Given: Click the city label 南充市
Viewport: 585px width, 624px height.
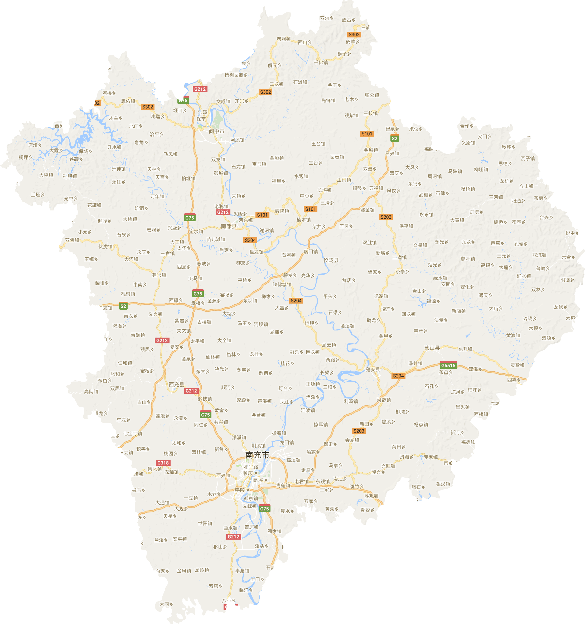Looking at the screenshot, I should point(257,455).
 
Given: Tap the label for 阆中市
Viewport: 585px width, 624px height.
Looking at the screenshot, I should point(216,131).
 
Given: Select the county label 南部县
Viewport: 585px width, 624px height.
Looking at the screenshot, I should point(229,226).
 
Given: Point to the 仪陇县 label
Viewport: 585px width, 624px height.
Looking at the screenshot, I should point(331,260).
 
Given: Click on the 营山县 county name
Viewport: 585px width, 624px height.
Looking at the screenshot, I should point(432,348).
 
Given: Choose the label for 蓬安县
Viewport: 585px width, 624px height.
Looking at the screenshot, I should point(373,369).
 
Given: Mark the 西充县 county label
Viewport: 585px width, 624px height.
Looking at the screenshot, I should point(176,385).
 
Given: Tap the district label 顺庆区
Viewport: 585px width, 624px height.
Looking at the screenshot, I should point(250,473).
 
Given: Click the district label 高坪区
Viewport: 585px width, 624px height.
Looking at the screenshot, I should point(260,480).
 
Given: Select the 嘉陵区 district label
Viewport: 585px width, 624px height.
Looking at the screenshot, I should point(242,490).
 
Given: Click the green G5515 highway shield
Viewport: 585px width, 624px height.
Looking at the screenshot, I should point(448,365).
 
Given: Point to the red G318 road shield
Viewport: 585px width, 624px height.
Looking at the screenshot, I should point(163,463).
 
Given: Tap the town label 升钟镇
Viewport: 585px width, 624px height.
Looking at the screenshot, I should point(119,169).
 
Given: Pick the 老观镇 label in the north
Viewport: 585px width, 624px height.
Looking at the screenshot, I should point(283,39).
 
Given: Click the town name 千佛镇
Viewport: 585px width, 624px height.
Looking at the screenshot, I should point(321,63).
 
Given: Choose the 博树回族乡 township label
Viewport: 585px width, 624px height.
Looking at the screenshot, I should point(236,75).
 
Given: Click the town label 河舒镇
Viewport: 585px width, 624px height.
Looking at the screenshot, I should point(384,400).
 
